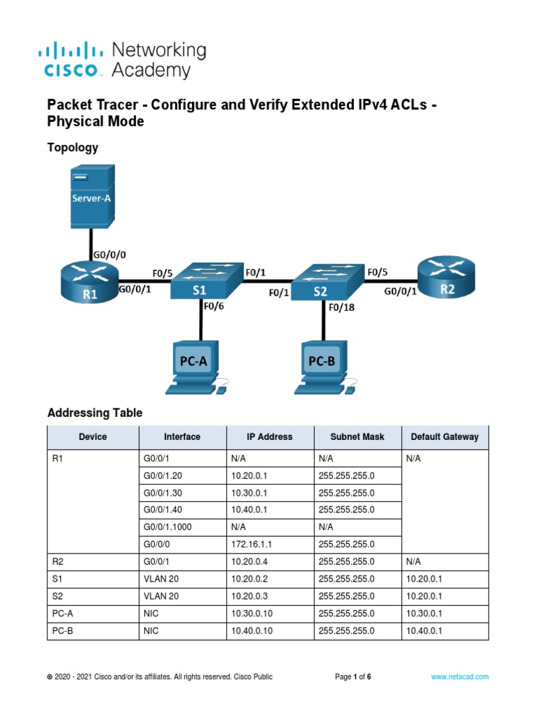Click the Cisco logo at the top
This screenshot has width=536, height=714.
coord(73,59)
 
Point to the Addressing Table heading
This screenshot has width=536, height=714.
coord(94,413)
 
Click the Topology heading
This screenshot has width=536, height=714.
coord(72,148)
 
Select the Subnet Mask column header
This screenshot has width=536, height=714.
coord(357,437)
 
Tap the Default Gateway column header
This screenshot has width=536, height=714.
coord(445,437)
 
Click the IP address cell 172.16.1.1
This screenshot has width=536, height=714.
coord(251,545)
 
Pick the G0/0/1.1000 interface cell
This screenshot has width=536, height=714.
coord(167,527)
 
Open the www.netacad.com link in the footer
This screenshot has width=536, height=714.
coord(459,676)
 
